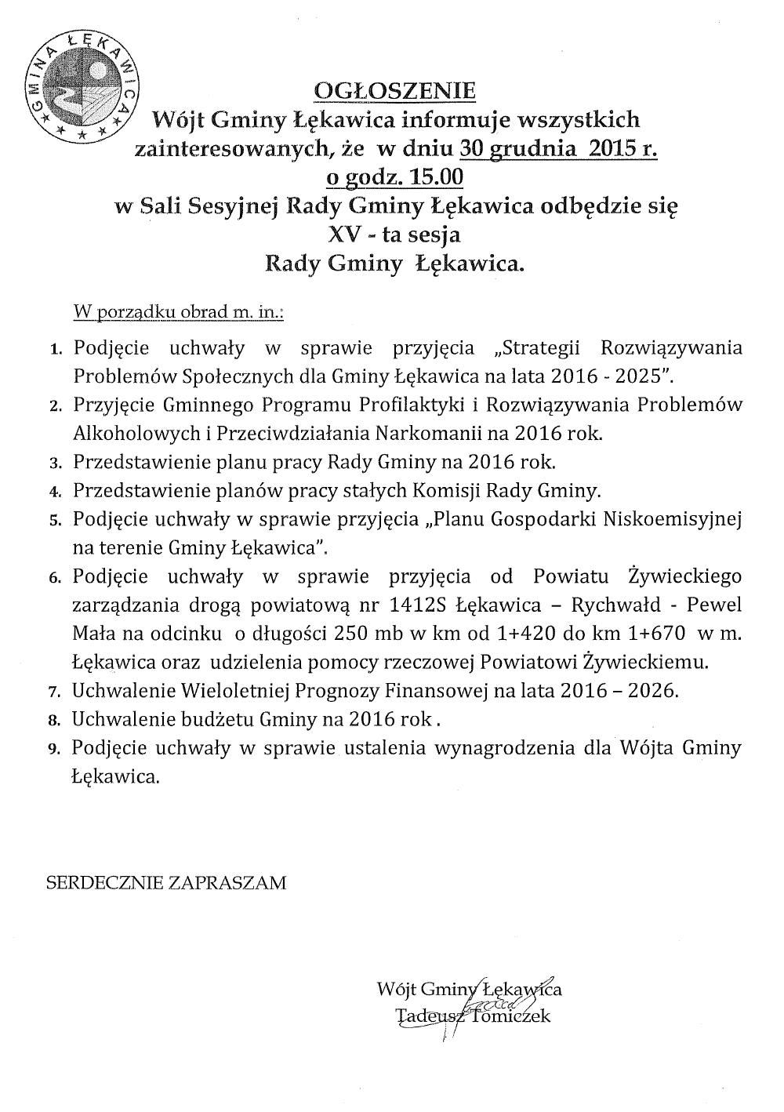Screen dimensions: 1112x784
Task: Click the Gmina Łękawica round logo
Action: [x=82, y=83]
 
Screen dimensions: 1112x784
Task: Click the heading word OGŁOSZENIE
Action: [x=394, y=91]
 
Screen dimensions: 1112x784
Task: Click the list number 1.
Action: [x=55, y=349]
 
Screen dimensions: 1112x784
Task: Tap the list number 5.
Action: [x=55, y=520]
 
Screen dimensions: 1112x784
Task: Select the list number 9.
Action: [x=55, y=749]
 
